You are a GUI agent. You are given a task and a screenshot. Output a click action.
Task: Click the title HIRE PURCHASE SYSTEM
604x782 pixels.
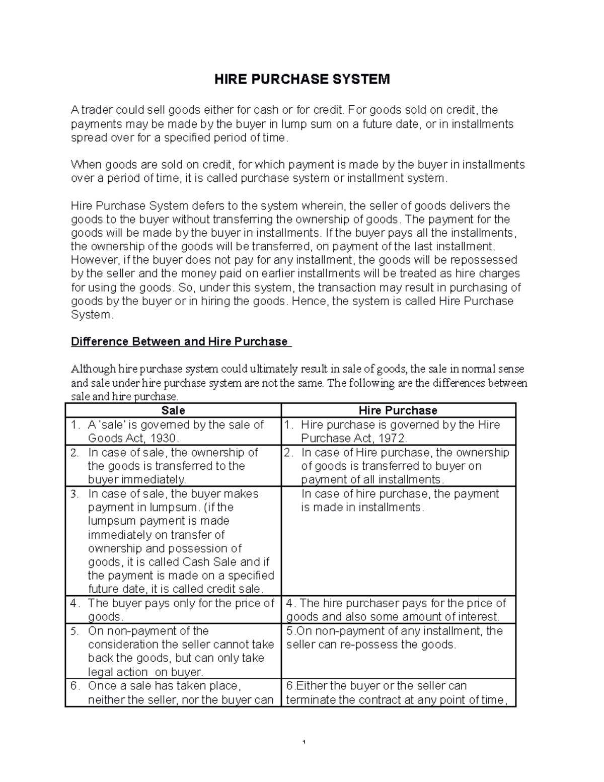click(x=302, y=80)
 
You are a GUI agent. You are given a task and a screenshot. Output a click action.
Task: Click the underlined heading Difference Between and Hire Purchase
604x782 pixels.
click(x=179, y=341)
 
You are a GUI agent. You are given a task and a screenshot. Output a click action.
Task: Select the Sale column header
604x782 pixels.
click(x=173, y=410)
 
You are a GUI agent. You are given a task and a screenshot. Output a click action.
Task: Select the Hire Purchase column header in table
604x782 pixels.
click(x=398, y=410)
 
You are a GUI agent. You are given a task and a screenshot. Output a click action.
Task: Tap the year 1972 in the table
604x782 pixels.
click(x=387, y=438)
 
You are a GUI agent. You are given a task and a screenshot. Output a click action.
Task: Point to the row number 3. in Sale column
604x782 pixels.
click(x=75, y=494)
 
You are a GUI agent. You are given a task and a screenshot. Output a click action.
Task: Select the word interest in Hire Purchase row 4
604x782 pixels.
click(x=479, y=617)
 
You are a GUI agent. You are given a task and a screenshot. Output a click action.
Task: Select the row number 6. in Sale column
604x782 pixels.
click(x=75, y=686)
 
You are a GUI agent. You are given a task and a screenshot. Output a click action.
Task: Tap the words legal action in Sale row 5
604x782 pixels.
click(x=118, y=672)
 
